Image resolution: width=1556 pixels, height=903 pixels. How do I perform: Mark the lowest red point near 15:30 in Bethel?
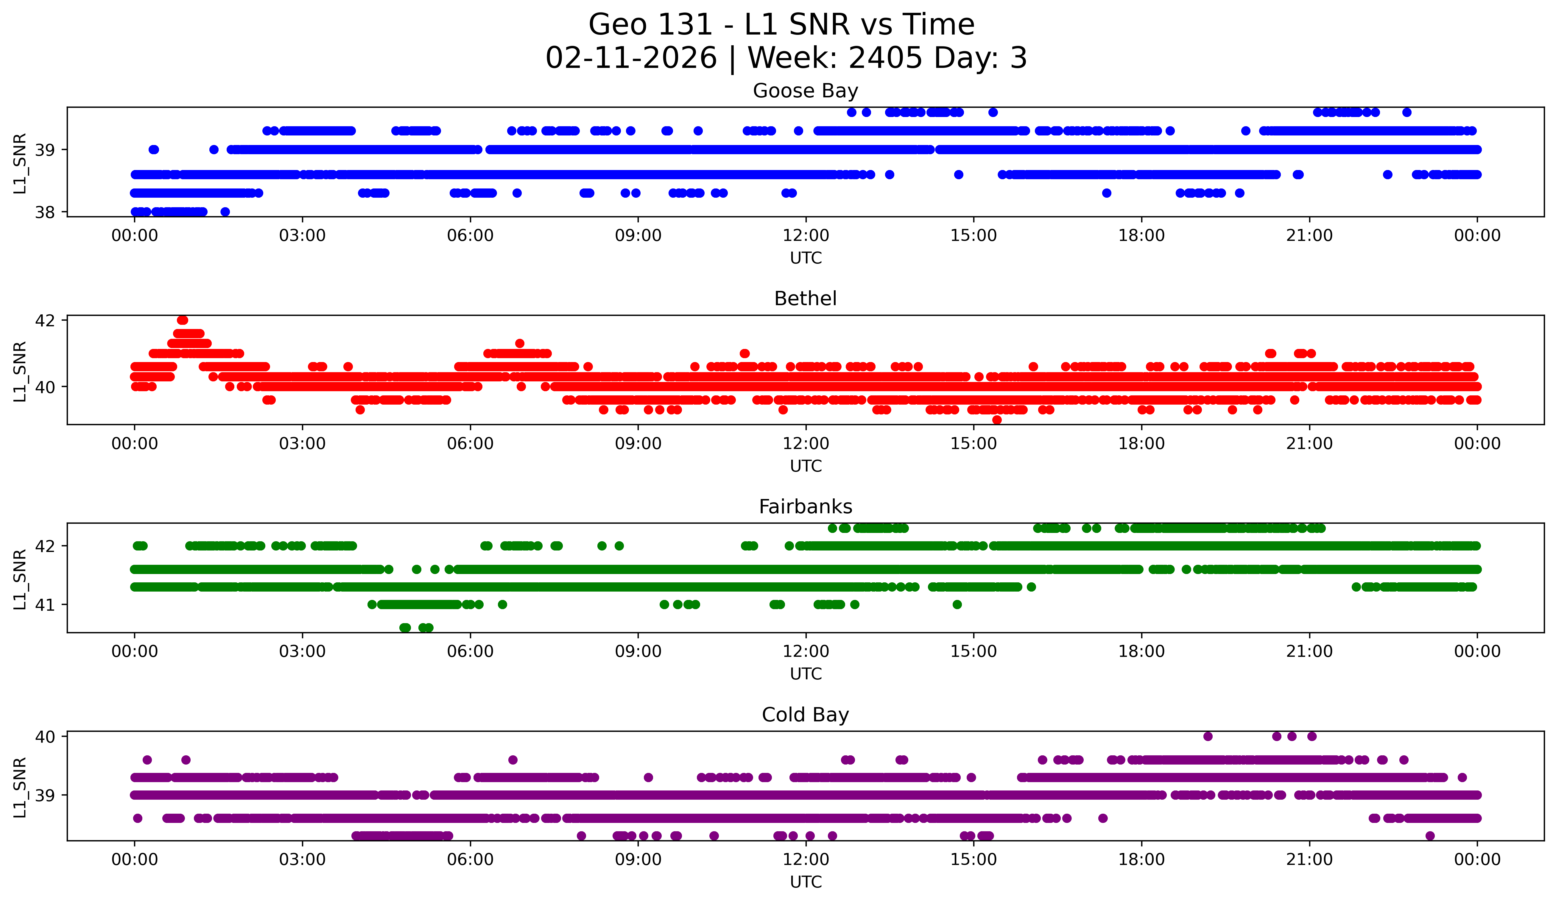[x=996, y=420]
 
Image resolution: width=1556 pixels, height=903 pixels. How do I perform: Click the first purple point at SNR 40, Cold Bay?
[x=1208, y=736]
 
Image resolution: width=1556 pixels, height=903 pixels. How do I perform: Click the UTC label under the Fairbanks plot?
[x=805, y=674]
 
